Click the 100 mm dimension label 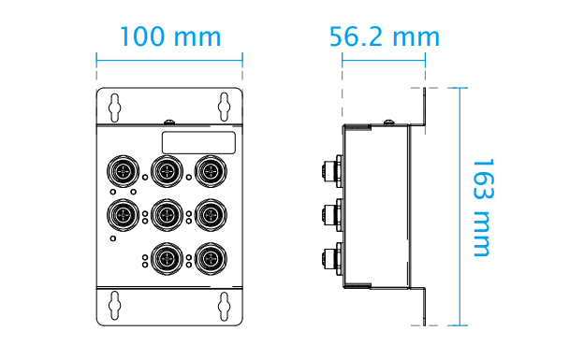[170, 36]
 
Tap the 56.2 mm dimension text [385, 36]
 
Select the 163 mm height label [483, 208]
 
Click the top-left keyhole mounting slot [115, 108]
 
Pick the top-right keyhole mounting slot [224, 107]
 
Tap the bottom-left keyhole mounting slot [115, 306]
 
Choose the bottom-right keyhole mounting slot [224, 306]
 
